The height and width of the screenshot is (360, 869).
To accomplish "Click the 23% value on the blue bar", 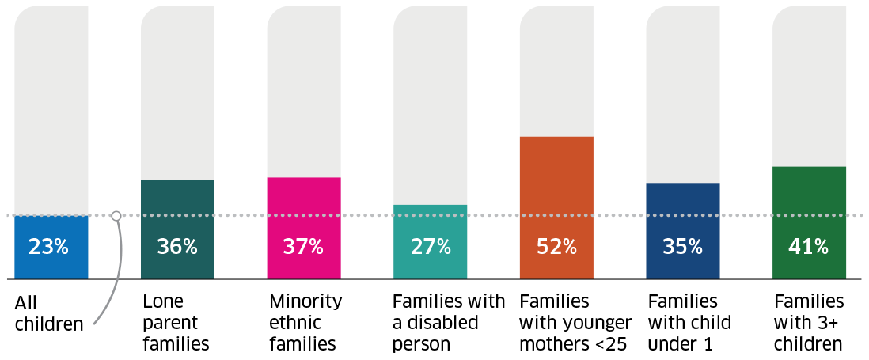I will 49,247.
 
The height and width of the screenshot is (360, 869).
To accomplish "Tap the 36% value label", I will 176,247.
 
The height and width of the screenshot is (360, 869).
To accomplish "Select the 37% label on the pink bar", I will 303,247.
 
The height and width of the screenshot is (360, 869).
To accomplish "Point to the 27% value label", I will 430,247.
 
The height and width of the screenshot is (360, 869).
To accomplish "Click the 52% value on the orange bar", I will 556,247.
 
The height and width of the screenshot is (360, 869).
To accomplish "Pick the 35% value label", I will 682,247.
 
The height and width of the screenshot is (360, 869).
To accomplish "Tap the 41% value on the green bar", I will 808,247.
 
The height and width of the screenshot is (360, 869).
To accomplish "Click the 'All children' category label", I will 48,313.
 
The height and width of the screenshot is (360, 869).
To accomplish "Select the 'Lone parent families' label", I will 176,323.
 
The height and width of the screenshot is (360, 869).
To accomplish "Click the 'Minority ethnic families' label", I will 305,323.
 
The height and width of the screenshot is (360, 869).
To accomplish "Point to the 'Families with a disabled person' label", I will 448,323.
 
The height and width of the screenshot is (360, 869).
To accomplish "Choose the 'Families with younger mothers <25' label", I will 575,323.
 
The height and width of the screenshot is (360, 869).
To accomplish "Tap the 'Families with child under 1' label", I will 689,323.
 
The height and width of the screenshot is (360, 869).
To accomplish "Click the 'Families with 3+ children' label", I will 808,323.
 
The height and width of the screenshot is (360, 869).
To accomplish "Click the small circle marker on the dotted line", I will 116,215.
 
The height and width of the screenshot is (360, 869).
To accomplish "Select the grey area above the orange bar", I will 556,71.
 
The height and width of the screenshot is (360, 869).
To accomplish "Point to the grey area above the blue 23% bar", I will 51,111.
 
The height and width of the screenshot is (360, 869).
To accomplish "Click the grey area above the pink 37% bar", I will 303,91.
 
